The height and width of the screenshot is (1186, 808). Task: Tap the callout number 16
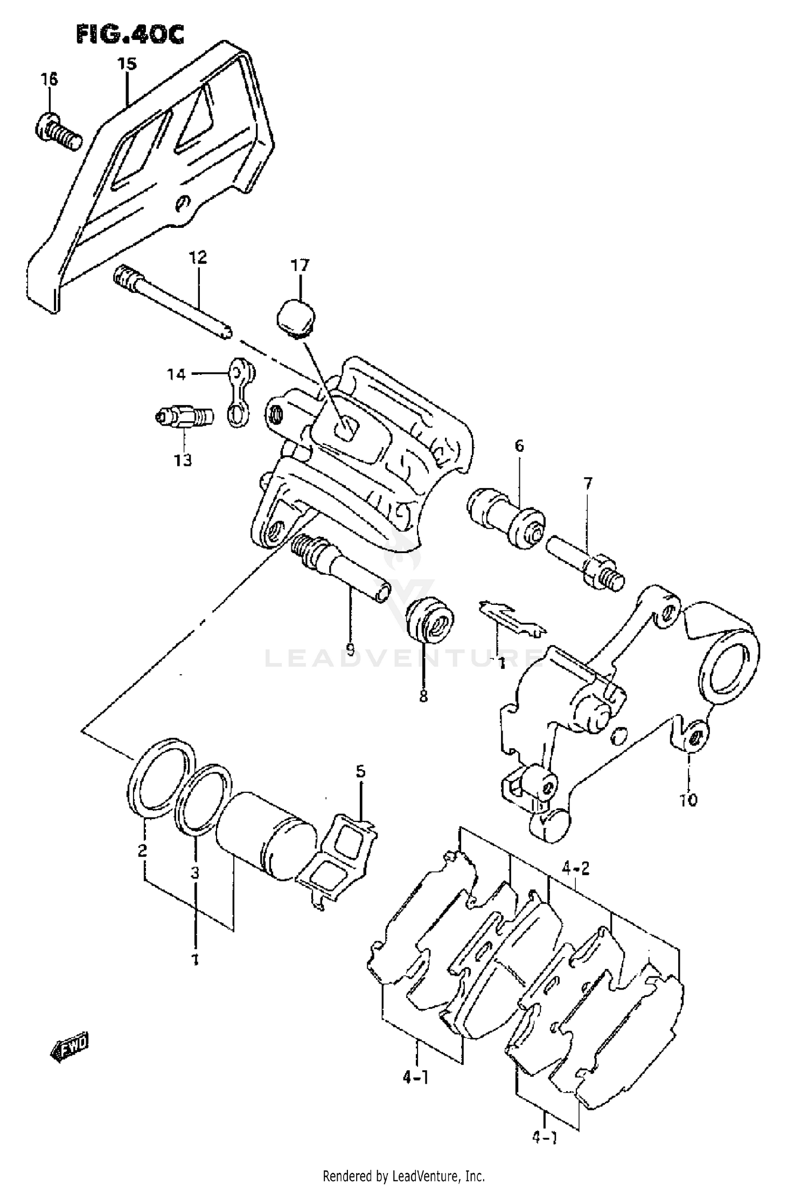click(49, 80)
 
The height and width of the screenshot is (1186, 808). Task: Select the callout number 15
click(127, 64)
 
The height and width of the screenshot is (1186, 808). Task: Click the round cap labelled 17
click(296, 319)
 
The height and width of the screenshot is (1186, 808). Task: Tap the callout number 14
click(176, 374)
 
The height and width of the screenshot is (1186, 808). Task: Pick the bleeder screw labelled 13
click(183, 417)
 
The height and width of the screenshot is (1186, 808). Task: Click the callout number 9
click(350, 650)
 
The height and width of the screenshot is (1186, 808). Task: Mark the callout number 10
click(688, 800)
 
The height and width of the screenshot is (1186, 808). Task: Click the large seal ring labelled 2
click(161, 778)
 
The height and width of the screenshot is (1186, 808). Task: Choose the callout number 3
click(195, 873)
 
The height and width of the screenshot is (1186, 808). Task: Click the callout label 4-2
click(576, 868)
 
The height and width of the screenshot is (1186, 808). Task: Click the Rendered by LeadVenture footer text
click(403, 1176)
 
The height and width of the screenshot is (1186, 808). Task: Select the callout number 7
click(587, 484)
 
